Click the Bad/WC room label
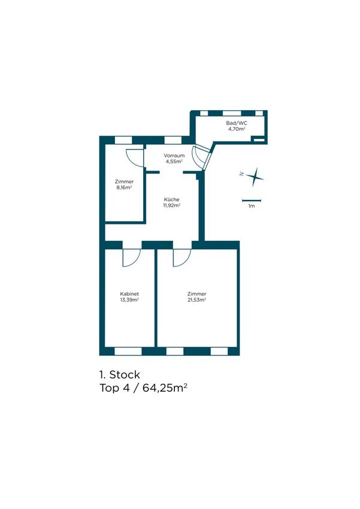[x=237, y=123]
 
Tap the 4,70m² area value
[x=237, y=129]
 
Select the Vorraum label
[x=174, y=156]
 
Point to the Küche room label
[x=171, y=199]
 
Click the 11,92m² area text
[x=171, y=205]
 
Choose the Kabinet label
[x=129, y=294]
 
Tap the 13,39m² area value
[x=129, y=299]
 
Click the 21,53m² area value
[x=196, y=299]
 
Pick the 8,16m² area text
[x=124, y=187]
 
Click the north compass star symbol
[x=255, y=177]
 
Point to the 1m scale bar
[x=252, y=200]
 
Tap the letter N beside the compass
[x=242, y=174]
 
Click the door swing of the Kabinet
[x=131, y=257]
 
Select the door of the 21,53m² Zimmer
[x=181, y=257]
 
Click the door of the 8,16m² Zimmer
[x=135, y=158]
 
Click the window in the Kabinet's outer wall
[x=128, y=352]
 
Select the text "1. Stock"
[x=119, y=375]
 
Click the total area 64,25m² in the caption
[x=165, y=388]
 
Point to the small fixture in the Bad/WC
[x=260, y=140]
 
